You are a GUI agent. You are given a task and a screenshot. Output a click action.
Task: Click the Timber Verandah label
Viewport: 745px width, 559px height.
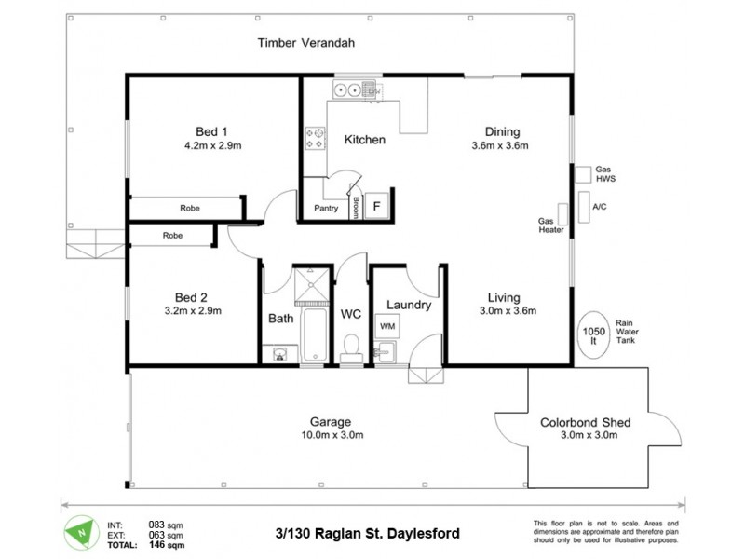tap(306, 43)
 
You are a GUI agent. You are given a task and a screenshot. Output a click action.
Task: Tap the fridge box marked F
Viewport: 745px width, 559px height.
tap(377, 206)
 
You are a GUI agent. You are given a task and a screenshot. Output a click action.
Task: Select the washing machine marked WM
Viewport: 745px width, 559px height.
tap(386, 326)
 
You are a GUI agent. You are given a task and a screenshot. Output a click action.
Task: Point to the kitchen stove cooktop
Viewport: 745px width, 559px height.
tap(315, 138)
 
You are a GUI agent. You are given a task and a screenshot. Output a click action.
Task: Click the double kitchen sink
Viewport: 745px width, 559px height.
tap(350, 90)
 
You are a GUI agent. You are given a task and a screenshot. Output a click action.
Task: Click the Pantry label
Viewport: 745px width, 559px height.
tap(326, 208)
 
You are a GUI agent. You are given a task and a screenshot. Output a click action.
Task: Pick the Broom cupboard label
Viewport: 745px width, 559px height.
tap(357, 208)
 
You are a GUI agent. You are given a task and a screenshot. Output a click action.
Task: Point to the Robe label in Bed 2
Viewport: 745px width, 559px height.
tap(173, 236)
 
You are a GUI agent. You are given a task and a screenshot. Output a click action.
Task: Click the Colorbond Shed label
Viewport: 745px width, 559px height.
tap(585, 422)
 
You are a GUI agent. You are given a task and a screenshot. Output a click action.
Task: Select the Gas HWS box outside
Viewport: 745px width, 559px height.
tap(582, 173)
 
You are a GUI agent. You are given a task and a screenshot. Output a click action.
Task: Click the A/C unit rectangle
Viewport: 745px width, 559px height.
tap(584, 206)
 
